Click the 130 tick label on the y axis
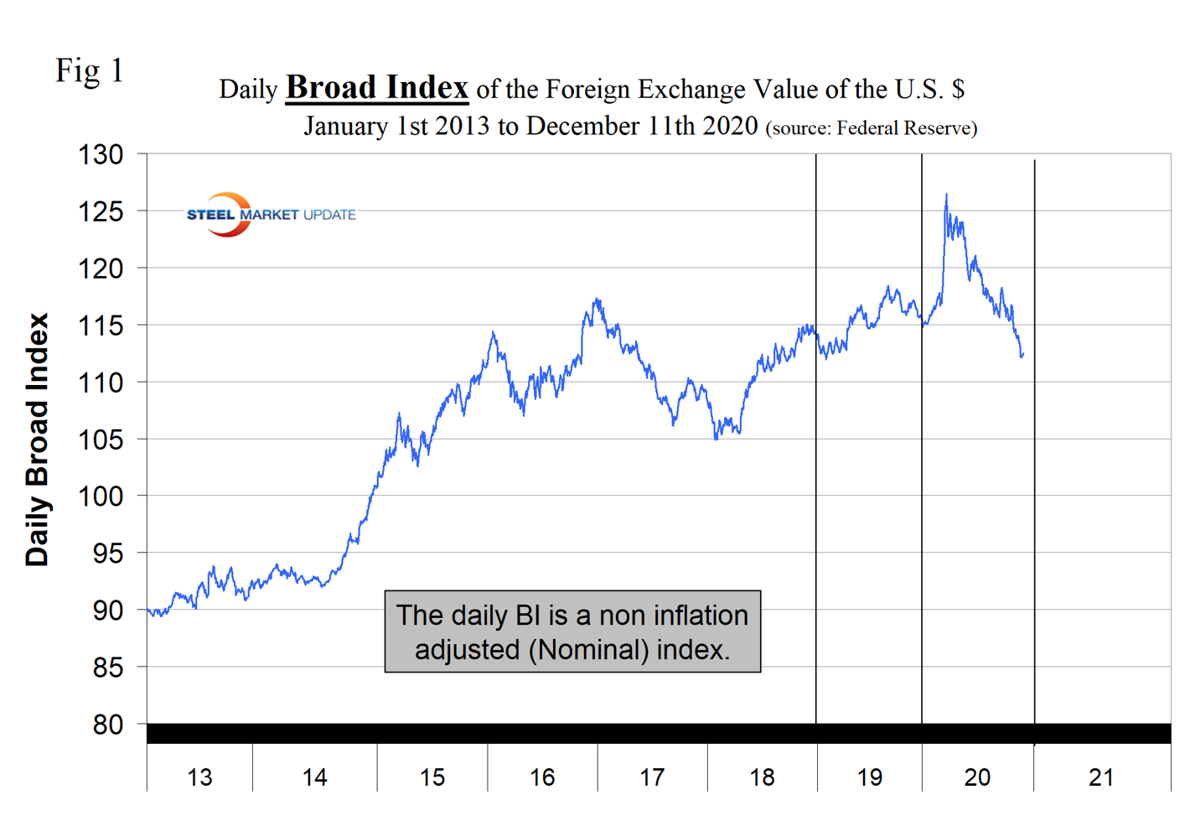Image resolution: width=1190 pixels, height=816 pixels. point(101,155)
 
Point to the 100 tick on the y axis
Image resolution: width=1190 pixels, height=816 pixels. point(101,496)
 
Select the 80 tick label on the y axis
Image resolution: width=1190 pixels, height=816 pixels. point(108,725)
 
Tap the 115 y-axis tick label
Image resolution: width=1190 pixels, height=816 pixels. point(101,326)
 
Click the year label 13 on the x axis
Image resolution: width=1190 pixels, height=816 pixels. point(199,778)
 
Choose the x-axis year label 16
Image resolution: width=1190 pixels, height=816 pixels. point(542,778)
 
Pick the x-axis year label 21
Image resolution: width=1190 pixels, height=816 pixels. point(1101,778)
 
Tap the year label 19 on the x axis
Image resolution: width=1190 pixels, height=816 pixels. point(870,778)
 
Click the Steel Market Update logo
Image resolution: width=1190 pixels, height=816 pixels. point(270,215)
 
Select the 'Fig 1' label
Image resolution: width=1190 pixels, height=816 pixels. point(90,70)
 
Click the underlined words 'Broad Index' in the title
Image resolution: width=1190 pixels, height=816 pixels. point(377,87)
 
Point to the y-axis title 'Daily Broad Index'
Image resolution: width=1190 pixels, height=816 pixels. point(38,440)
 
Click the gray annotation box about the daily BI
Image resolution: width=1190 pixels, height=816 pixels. point(572,631)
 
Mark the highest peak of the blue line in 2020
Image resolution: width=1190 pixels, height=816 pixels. point(946,195)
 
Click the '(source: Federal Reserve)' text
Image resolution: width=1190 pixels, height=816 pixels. point(872,128)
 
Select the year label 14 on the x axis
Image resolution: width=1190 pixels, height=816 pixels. point(314,778)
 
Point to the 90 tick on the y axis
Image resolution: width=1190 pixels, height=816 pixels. point(108,611)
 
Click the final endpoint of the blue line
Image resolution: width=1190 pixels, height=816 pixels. point(1023,354)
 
